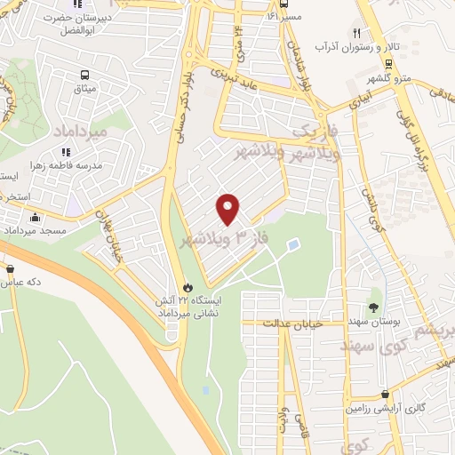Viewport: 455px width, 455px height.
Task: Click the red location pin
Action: point(228,209)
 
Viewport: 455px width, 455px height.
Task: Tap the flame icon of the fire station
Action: point(188,286)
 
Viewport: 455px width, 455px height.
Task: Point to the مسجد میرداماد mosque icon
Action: point(35,218)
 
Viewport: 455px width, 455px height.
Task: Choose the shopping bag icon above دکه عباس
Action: point(10,267)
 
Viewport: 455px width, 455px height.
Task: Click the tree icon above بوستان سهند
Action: point(373,294)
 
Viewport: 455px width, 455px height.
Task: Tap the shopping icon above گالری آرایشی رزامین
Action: point(384,395)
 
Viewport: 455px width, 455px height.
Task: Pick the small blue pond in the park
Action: point(294,243)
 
